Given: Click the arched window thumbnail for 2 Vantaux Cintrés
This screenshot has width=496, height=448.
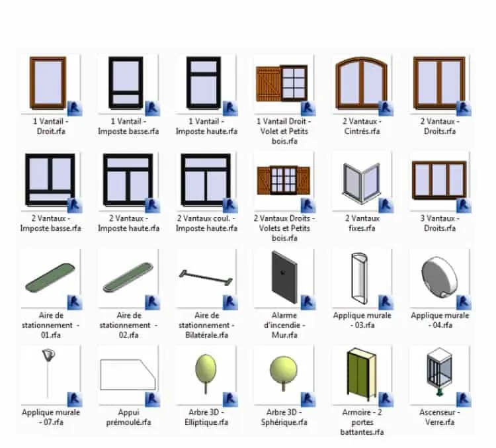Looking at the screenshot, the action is tap(361, 83).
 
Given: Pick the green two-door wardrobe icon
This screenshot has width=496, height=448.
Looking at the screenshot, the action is tap(362, 374).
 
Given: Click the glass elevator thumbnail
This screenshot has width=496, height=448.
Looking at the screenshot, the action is tap(439, 371).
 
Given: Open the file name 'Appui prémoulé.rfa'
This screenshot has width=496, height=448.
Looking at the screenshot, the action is tap(128, 418).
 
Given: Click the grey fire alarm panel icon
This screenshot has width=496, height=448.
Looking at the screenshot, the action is tap(284, 277).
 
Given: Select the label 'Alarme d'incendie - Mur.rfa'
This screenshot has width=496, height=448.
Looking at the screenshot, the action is tap(284, 325).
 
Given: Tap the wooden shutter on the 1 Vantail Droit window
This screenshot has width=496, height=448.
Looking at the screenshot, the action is tap(269, 83).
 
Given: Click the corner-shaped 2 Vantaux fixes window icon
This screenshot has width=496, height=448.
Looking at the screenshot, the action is tap(362, 183).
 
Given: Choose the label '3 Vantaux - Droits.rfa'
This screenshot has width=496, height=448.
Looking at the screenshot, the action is tap(440, 223).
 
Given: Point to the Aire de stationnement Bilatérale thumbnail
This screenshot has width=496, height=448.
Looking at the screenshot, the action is tap(206, 278).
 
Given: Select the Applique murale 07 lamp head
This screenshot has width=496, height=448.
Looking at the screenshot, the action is tap(48, 355).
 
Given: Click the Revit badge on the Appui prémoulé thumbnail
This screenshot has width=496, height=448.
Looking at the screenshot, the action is tap(153, 399).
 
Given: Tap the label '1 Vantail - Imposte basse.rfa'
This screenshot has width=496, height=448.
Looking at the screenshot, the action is tap(128, 126).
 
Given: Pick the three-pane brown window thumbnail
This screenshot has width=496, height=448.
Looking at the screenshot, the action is tap(439, 180).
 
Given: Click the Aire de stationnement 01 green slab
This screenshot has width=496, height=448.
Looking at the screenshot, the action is tap(50, 278).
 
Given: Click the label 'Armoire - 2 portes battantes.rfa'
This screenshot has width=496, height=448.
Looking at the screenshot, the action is tap(362, 422).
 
